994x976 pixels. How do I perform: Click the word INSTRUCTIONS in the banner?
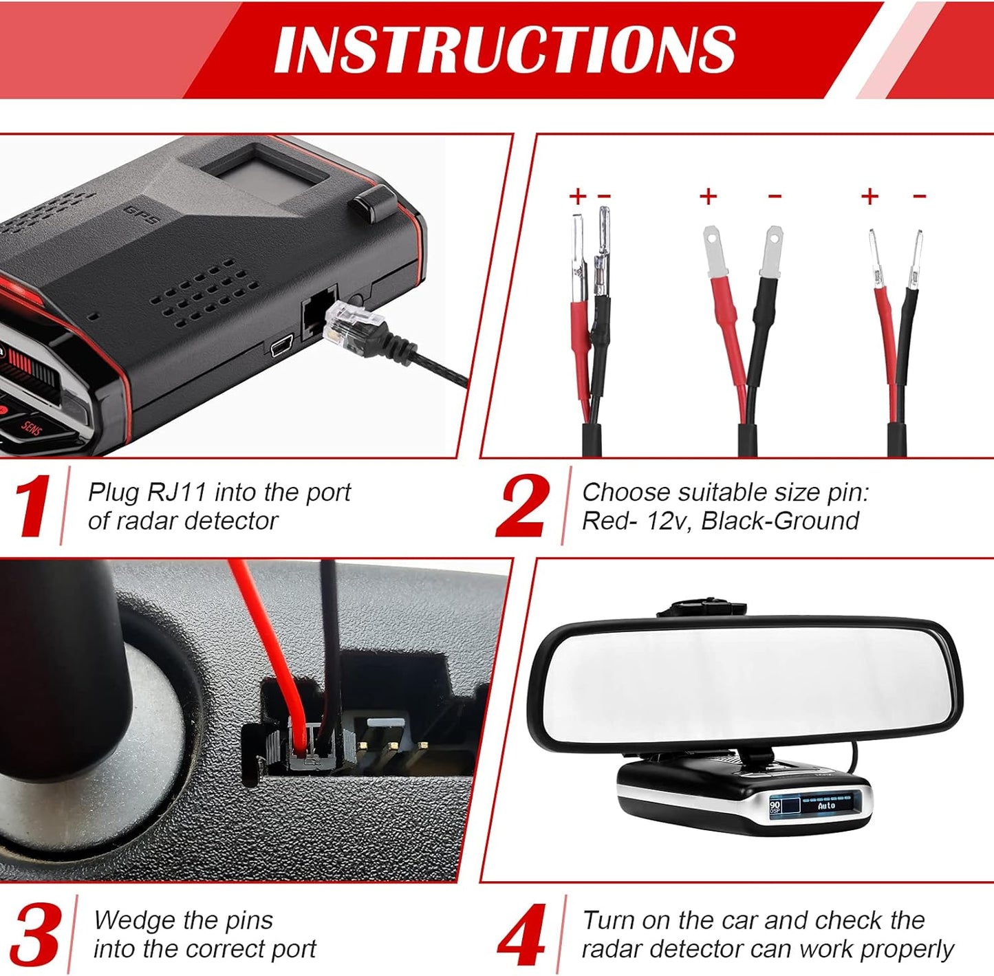click(505, 50)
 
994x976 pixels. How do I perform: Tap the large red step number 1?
click(32, 506)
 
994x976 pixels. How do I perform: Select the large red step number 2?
click(523, 506)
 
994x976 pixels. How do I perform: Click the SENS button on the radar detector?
click(31, 428)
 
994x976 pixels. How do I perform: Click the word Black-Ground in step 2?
click(780, 521)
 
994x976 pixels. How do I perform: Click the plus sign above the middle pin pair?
click(708, 197)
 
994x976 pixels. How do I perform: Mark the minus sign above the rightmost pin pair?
click(919, 197)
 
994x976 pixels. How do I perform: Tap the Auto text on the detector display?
click(826, 805)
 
